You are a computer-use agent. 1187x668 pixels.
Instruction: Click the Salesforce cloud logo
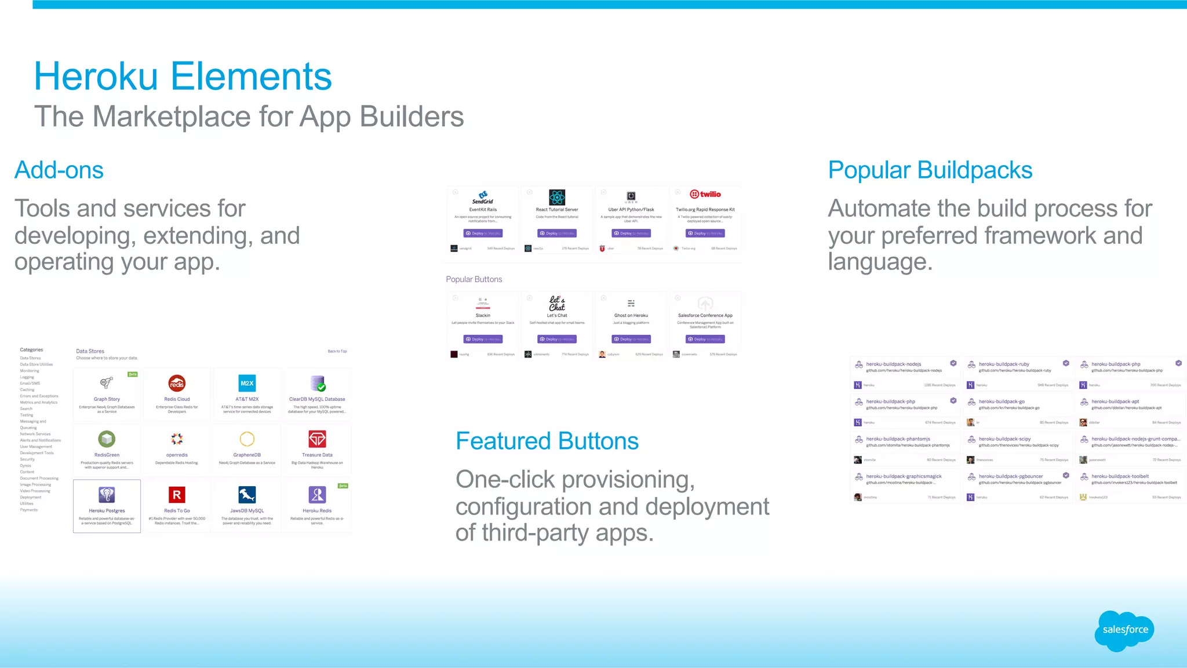(x=1124, y=630)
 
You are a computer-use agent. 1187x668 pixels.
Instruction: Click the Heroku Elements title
(x=183, y=76)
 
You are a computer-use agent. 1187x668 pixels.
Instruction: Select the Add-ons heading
(x=59, y=170)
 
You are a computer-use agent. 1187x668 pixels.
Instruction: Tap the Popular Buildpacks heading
(x=930, y=170)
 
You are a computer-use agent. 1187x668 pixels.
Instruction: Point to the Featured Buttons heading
(x=547, y=441)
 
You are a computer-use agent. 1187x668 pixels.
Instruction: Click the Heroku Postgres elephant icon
(x=107, y=495)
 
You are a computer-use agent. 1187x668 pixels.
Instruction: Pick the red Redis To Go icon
(x=177, y=495)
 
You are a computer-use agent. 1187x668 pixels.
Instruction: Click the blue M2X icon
(x=247, y=384)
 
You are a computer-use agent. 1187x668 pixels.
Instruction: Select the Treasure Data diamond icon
(x=317, y=439)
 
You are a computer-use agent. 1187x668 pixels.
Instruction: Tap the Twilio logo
(x=705, y=194)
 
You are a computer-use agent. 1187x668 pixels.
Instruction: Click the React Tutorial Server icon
(x=557, y=197)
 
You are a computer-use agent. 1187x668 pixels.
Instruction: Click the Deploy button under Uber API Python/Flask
(x=631, y=233)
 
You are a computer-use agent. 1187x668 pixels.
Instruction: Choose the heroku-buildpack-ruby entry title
(x=1004, y=364)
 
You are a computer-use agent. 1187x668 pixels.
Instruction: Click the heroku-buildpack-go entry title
(x=1002, y=401)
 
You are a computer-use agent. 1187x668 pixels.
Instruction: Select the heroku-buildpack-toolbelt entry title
(x=1120, y=476)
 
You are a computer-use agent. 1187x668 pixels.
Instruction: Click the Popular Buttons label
(x=474, y=279)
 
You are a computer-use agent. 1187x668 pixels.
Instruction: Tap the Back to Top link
(x=337, y=351)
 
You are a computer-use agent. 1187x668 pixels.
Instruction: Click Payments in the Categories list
(x=29, y=510)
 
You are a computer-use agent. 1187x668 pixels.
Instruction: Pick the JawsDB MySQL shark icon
(x=247, y=495)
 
